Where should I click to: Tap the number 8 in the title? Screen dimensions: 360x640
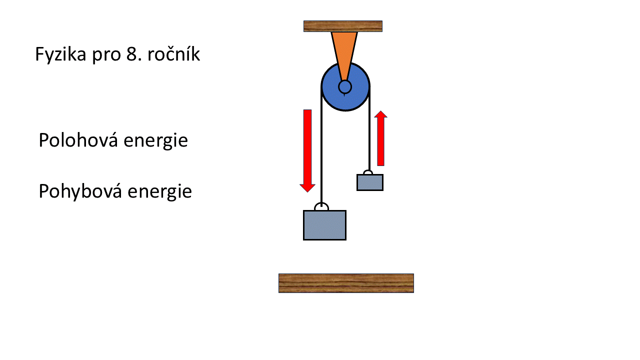point(130,54)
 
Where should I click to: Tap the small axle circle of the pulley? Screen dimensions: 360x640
point(344,87)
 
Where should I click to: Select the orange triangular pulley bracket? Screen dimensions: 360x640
point(344,50)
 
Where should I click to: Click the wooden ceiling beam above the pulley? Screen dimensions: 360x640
point(343,26)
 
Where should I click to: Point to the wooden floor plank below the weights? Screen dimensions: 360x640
point(346,283)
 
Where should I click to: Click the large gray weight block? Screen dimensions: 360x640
point(324,225)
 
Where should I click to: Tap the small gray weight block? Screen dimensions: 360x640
point(370,182)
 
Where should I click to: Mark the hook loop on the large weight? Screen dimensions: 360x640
point(321,207)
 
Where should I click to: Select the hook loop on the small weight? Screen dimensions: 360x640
point(368,173)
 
